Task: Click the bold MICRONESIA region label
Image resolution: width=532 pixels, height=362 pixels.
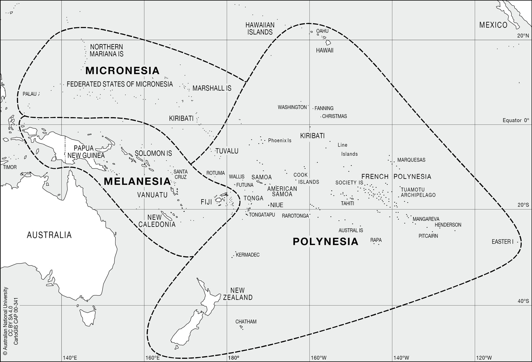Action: (x=122, y=71)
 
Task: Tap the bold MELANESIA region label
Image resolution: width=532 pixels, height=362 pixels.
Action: (x=137, y=181)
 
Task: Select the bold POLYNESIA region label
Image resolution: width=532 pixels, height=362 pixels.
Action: (x=325, y=241)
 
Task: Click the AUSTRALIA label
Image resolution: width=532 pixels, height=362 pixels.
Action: (x=49, y=235)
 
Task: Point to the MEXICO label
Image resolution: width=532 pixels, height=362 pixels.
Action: (x=493, y=25)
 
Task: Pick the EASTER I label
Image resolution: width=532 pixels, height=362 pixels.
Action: (x=502, y=242)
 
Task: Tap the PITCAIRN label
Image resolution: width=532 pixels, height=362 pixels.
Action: (x=428, y=236)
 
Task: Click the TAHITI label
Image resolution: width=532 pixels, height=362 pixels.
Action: (x=347, y=203)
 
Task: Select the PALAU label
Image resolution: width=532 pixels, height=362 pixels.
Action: (x=30, y=94)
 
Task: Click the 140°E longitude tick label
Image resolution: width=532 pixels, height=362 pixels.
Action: (x=70, y=358)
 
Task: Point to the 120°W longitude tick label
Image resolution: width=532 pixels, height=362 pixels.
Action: (x=484, y=358)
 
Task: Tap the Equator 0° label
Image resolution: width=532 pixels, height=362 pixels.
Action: (x=516, y=120)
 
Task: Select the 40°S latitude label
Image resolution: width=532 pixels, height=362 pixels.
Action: (x=523, y=301)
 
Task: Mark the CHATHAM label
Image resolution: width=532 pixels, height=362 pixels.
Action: (x=246, y=322)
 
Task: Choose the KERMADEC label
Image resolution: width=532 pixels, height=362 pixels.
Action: (x=247, y=255)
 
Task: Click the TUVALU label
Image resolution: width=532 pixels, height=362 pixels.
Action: (x=227, y=151)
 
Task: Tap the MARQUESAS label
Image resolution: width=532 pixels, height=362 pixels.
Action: (x=411, y=160)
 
